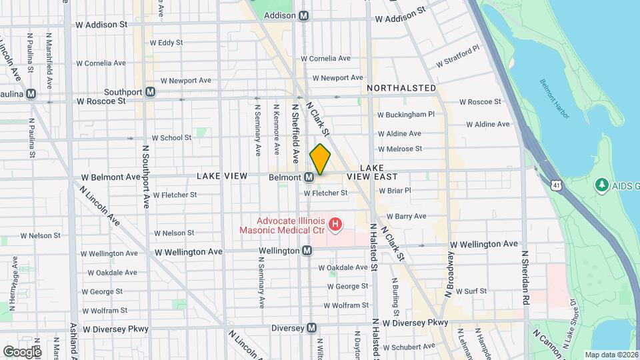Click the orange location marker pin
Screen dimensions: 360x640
click(320, 159)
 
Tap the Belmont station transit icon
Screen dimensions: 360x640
click(309, 177)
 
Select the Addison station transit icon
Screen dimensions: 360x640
click(304, 15)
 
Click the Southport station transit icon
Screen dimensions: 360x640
click(151, 92)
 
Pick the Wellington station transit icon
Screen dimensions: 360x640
click(307, 251)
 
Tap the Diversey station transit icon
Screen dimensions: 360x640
click(311, 328)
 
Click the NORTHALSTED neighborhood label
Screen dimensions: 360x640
click(401, 88)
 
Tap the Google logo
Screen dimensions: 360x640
click(21, 351)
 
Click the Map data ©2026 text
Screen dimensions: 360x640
click(611, 355)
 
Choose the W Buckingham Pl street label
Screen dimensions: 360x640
click(406, 115)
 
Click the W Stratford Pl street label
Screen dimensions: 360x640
click(458, 56)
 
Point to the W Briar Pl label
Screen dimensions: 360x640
click(395, 190)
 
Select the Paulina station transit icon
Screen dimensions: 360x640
click(31, 94)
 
